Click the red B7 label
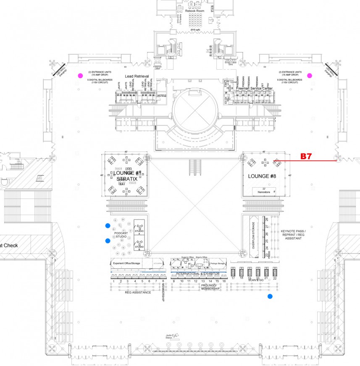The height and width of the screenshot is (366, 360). click(x=306, y=156)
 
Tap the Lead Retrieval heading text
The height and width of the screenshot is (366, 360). click(x=137, y=76)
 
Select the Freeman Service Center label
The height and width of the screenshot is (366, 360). click(x=254, y=89)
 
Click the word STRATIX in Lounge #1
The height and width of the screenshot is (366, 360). click(x=126, y=179)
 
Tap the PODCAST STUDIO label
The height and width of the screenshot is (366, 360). click(x=121, y=235)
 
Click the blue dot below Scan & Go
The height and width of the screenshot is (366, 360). click(x=270, y=297)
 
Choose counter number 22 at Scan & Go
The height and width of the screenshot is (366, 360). click(x=275, y=278)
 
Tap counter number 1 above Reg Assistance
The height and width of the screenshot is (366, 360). click(x=113, y=281)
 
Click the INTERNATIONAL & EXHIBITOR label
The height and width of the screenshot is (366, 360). click(x=197, y=273)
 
